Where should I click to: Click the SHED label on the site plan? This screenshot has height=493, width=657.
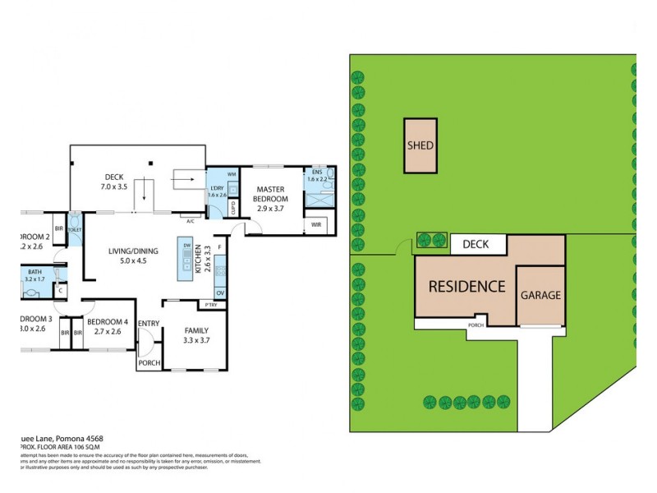[420, 146]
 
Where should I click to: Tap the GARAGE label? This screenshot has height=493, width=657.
[540, 295]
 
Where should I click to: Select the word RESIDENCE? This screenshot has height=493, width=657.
[466, 287]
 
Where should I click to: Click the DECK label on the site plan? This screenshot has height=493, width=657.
[476, 244]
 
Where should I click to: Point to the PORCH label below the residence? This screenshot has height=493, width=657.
[476, 324]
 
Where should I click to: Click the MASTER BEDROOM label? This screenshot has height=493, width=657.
[269, 194]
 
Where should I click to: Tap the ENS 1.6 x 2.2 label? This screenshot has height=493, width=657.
[317, 176]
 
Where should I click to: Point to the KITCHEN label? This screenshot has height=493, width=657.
[208, 259]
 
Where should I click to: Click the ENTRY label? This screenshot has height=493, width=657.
[149, 323]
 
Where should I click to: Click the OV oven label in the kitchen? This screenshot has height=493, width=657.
[219, 293]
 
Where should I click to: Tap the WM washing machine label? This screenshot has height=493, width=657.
[232, 175]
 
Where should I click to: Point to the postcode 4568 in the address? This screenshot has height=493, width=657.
[90, 439]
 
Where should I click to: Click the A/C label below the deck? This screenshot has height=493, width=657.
[190, 220]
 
